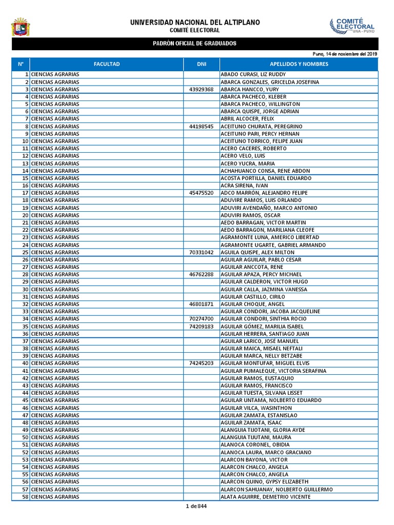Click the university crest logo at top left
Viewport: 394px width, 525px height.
point(21,27)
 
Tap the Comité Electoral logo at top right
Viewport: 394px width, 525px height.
point(352,26)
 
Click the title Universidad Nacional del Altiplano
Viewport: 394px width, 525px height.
point(195,23)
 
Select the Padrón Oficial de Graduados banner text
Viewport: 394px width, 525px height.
point(195,44)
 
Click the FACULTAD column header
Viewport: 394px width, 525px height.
point(107,64)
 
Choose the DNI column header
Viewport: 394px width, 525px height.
point(202,64)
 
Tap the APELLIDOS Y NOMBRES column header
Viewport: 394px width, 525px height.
point(299,64)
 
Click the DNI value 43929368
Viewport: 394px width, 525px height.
point(201,89)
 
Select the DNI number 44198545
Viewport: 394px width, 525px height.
point(201,126)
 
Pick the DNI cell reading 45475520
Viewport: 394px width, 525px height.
point(201,193)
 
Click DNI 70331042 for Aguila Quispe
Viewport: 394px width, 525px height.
point(201,252)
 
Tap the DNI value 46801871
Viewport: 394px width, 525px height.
point(201,304)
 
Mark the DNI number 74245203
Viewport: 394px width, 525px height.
point(201,363)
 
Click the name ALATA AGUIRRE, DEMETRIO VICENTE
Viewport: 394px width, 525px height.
point(265,497)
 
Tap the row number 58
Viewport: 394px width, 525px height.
point(25,497)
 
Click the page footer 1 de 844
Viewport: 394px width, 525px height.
point(196,507)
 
